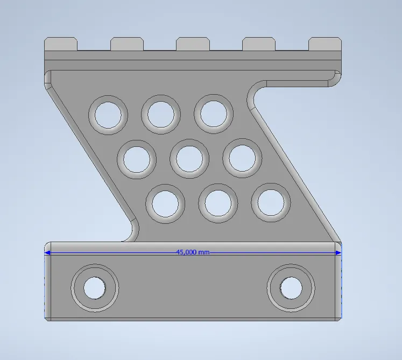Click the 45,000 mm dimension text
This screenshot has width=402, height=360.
[x=193, y=252]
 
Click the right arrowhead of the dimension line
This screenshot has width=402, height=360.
[x=338, y=252]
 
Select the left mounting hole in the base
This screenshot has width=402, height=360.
[x=95, y=288]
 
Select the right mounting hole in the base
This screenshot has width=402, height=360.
[x=291, y=287]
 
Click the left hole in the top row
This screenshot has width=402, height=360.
[x=109, y=114]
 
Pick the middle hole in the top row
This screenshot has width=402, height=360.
[x=161, y=114]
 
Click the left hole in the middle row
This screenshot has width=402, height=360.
[x=137, y=159]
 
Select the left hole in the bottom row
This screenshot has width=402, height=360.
[x=165, y=203]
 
